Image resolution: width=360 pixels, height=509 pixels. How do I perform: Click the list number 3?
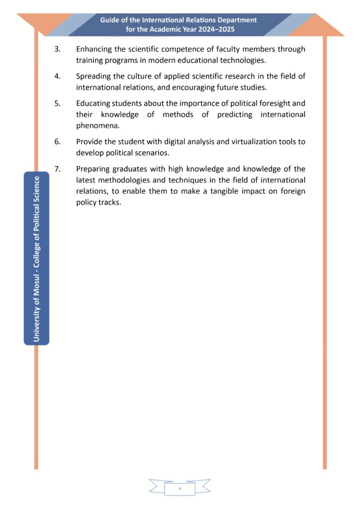pos(57,49)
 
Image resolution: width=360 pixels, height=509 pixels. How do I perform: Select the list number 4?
pos(57,76)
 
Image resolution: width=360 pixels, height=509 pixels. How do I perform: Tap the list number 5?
pos(57,103)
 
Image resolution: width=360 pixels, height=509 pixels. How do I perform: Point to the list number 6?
pos(57,141)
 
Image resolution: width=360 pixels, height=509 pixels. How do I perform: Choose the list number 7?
pos(57,169)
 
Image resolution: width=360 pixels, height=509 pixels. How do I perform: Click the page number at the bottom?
pos(180,490)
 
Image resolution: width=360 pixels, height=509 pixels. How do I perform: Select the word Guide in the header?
pos(110,20)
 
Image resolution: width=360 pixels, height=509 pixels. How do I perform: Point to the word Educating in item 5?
pos(92,103)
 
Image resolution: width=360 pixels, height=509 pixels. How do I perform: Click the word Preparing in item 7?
pos(92,169)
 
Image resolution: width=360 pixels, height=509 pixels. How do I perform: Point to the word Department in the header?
pos(237,20)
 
